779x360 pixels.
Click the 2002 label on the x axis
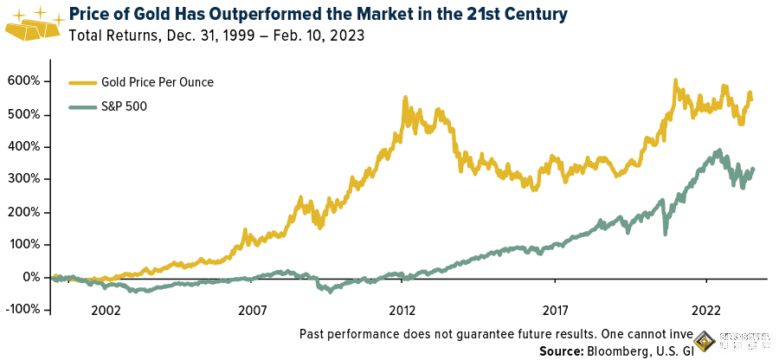coord(105,309)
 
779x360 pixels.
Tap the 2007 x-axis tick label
coord(253,309)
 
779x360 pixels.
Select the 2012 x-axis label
coord(402,309)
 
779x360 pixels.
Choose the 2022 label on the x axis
coord(705,309)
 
